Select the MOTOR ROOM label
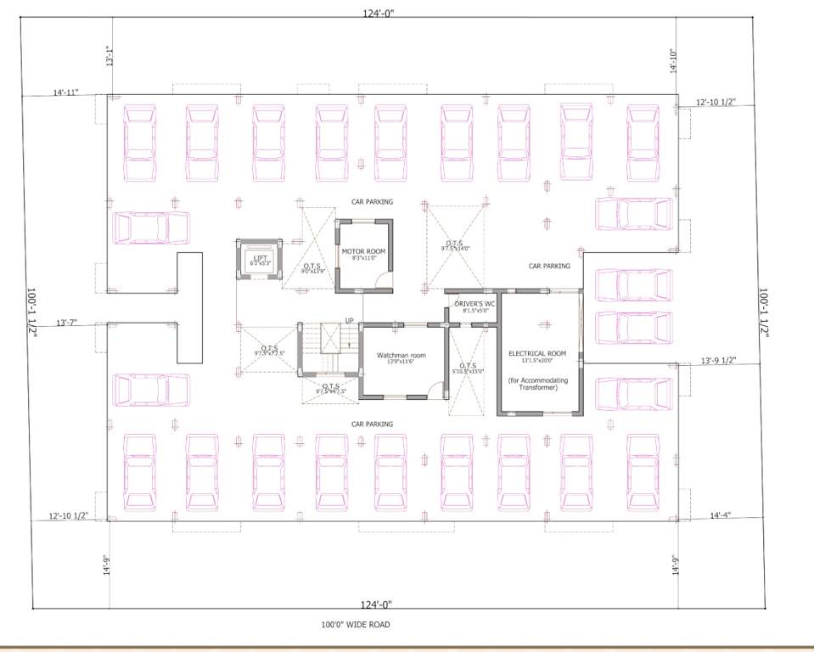click(363, 252)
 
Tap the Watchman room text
click(396, 355)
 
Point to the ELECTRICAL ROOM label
click(537, 353)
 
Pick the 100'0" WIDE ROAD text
click(355, 624)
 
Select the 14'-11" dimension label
click(65, 92)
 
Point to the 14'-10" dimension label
click(674, 62)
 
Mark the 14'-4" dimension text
click(721, 514)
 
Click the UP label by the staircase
click(349, 321)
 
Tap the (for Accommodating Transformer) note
click(537, 384)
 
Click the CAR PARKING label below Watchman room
click(374, 423)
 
